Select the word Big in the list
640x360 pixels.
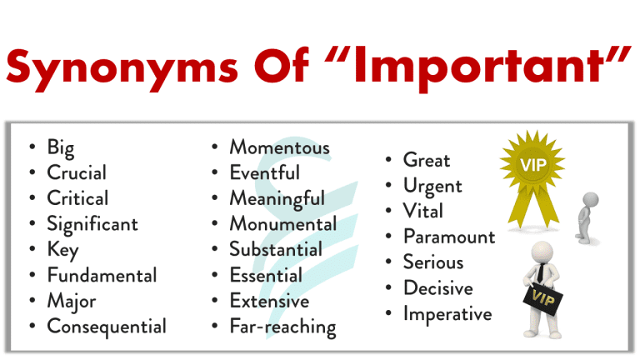pyautogui.click(x=61, y=148)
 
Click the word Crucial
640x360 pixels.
pyautogui.click(x=77, y=173)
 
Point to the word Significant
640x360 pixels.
pyautogui.click(x=92, y=224)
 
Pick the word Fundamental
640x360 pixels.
pyautogui.click(x=102, y=275)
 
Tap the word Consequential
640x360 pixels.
pyautogui.click(x=107, y=327)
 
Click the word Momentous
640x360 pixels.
pyautogui.click(x=280, y=147)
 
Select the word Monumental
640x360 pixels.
pyautogui.click(x=283, y=224)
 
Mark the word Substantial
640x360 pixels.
pyautogui.click(x=276, y=249)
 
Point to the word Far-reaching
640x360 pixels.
pyautogui.click(x=282, y=327)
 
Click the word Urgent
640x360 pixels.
pyautogui.click(x=432, y=185)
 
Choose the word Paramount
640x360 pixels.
pyautogui.click(x=449, y=237)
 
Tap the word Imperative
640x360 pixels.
pyautogui.click(x=447, y=314)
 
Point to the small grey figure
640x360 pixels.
pyautogui.click(x=588, y=215)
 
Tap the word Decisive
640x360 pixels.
pyautogui.click(x=437, y=288)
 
